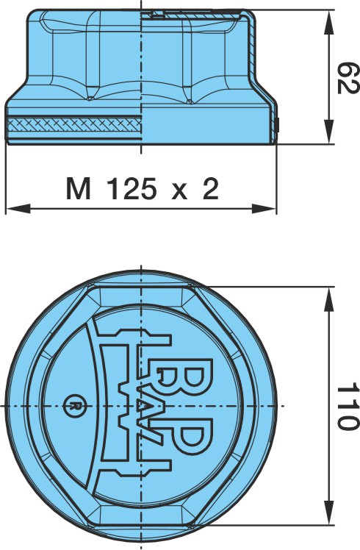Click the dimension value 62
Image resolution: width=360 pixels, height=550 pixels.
coord(348,78)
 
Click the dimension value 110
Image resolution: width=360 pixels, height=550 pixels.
coord(348,407)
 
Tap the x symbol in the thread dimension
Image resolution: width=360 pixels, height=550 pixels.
coord(179,191)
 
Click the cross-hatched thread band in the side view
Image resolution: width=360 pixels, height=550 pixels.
coord(74,124)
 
